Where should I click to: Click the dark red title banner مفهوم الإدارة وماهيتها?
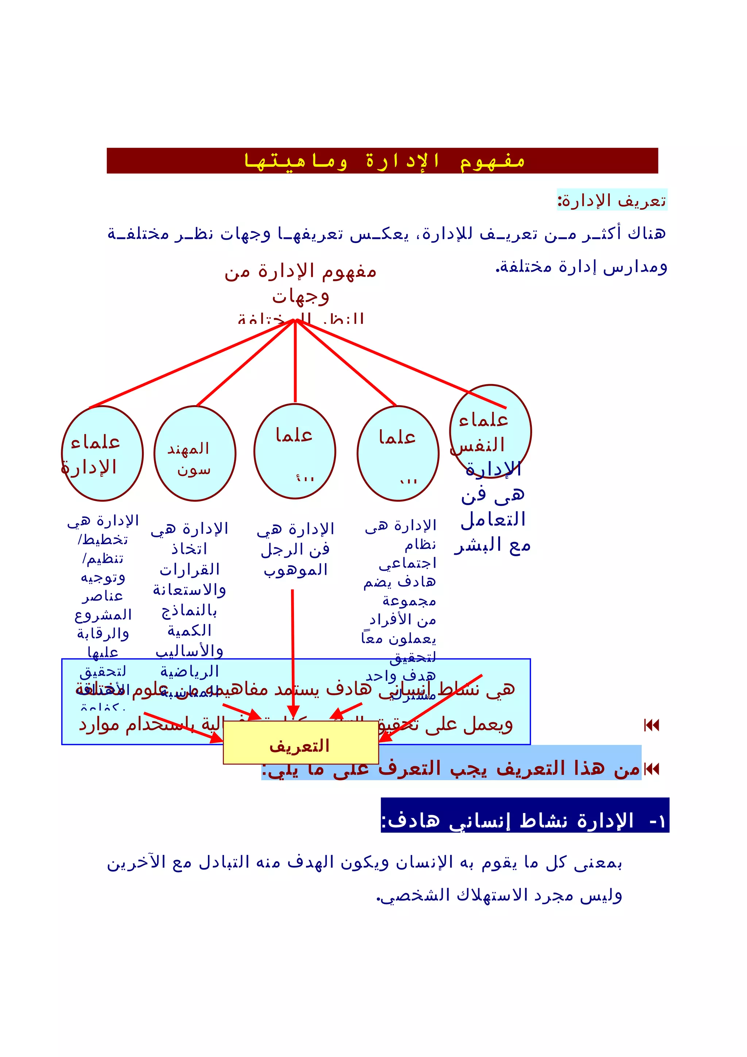click(x=382, y=161)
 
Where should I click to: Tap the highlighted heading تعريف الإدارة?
click(x=612, y=201)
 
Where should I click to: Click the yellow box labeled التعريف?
click(x=301, y=745)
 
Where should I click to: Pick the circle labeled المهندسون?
click(x=195, y=453)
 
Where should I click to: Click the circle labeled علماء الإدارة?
click(x=102, y=453)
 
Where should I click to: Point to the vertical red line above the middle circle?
click(x=295, y=361)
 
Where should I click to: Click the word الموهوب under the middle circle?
click(x=295, y=570)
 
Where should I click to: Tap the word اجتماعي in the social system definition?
click(x=408, y=564)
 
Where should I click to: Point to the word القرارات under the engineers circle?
click(x=190, y=569)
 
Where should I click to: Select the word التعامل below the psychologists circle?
click(x=493, y=520)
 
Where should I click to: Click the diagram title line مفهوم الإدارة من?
click(x=301, y=271)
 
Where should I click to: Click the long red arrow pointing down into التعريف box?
click(x=293, y=654)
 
